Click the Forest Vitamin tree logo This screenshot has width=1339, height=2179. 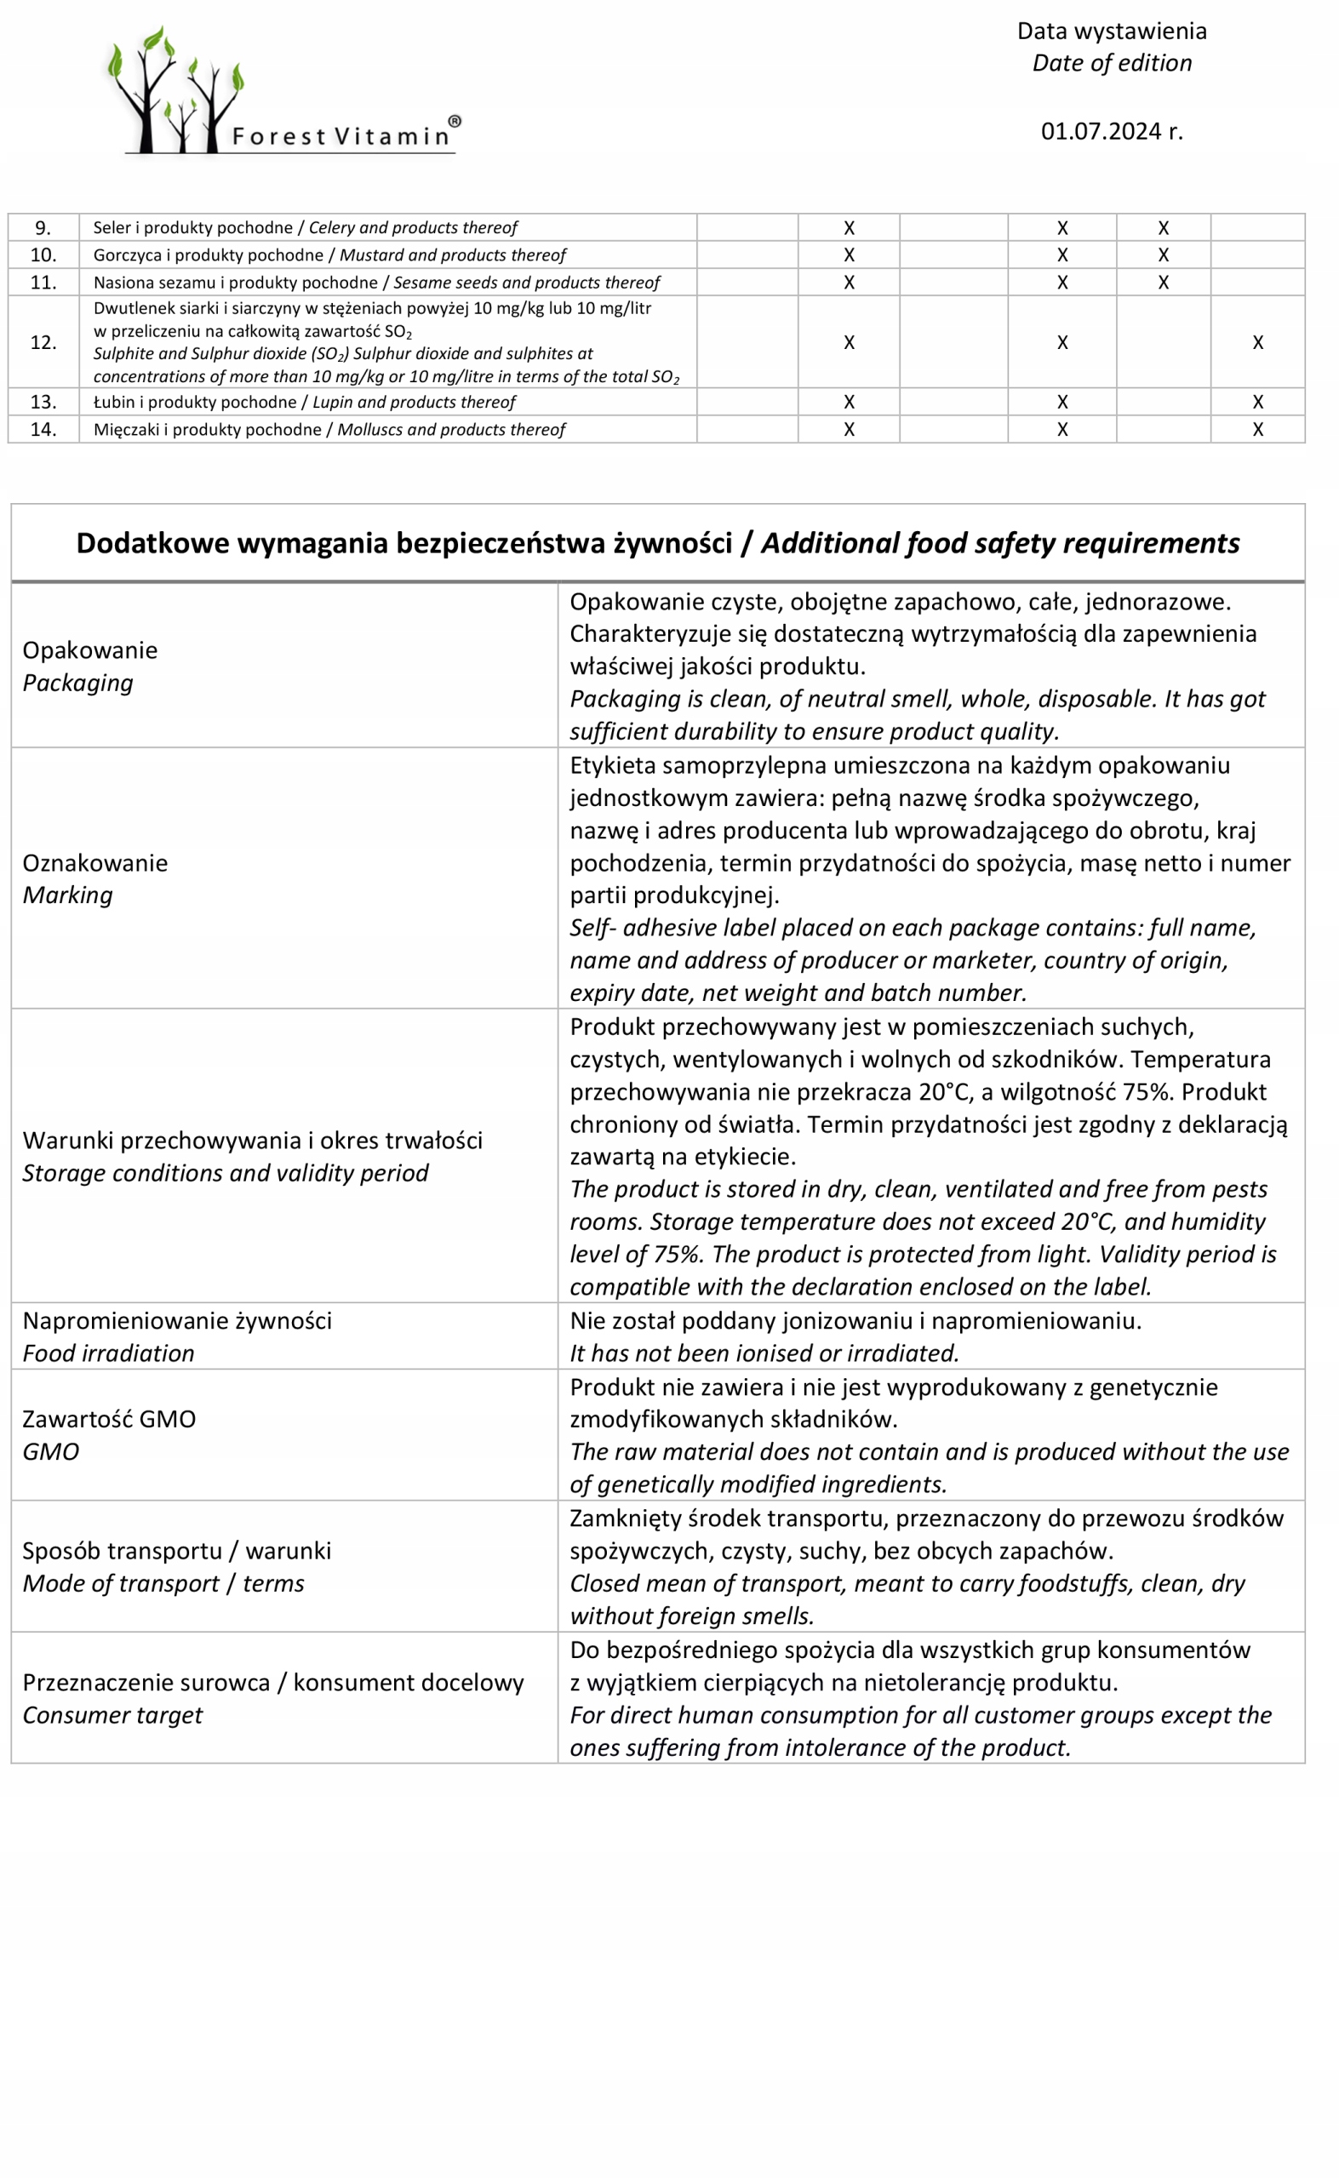pos(177,91)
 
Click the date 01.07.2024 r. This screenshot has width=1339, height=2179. pos(1112,132)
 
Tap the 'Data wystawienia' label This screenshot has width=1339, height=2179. pos(1112,31)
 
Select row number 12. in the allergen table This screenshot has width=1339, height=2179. pos(43,343)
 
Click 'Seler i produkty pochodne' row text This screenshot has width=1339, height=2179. pos(192,227)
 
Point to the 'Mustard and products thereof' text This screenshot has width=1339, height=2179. pos(453,255)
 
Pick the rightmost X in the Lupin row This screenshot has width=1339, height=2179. pos(1257,402)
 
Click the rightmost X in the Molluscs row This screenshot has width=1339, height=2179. pos(1257,430)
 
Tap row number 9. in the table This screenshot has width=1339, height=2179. pos(43,227)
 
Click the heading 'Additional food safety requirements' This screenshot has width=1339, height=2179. pos(1001,544)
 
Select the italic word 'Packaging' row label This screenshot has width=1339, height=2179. pos(78,683)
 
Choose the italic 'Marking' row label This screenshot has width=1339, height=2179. pos(68,895)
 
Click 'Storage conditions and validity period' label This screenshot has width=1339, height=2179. pos(225,1173)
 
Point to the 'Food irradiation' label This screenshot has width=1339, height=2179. pos(108,1354)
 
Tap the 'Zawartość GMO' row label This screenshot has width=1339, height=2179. pos(109,1419)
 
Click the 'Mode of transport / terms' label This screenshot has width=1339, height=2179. pos(163,1584)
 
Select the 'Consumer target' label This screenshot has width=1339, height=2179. pos(112,1716)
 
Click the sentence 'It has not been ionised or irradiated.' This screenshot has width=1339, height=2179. pos(764,1354)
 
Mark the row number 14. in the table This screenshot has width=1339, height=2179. pos(43,430)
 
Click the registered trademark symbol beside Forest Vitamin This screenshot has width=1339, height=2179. pos(455,120)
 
